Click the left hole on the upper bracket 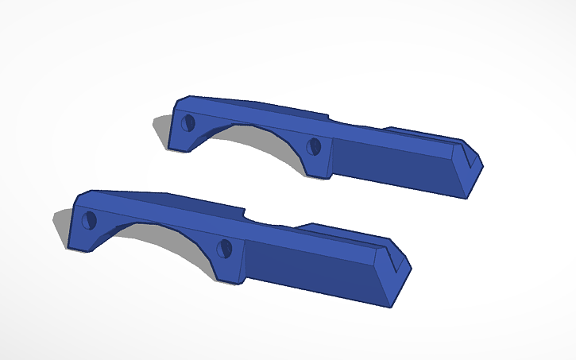point(189,122)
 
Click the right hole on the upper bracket point(314,146)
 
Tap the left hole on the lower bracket point(89,219)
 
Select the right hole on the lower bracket point(225,248)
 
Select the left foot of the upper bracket point(179,145)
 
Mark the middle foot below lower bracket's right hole point(230,273)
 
